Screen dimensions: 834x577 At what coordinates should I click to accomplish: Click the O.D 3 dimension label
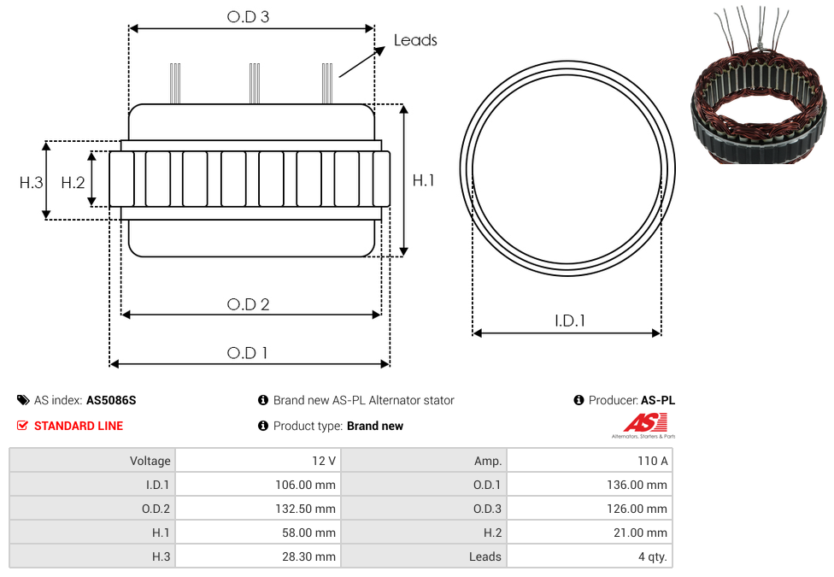[x=248, y=17]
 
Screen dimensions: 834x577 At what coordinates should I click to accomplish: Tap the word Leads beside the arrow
[x=415, y=40]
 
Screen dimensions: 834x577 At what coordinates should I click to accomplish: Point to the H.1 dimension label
[x=423, y=180]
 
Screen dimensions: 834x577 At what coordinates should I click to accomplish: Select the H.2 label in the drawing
[x=73, y=183]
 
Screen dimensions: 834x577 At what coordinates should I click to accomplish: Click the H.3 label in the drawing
[x=32, y=183]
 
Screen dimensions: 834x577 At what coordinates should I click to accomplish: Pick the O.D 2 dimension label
[x=249, y=304]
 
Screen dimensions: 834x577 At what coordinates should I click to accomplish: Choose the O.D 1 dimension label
[x=247, y=353]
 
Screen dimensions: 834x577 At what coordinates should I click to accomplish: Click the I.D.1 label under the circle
[x=570, y=321]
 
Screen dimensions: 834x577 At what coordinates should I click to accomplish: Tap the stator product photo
[x=760, y=85]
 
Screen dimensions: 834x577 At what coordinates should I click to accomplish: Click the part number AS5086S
[x=111, y=400]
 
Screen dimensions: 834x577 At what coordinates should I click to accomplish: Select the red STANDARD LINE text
[x=79, y=426]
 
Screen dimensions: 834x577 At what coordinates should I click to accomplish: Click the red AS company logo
[x=644, y=426]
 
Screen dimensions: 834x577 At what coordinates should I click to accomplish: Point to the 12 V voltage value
[x=323, y=461]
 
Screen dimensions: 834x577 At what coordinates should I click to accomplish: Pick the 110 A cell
[x=653, y=461]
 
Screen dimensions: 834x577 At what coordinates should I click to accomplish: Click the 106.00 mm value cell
[x=305, y=485]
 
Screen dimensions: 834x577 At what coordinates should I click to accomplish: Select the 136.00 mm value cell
[x=637, y=485]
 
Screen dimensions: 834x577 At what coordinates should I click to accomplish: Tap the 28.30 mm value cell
[x=308, y=556]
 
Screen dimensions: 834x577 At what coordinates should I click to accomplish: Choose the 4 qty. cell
[x=653, y=556]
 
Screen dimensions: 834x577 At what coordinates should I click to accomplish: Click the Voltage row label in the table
[x=150, y=461]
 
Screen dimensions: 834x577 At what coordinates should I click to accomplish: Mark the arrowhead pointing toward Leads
[x=380, y=50]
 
